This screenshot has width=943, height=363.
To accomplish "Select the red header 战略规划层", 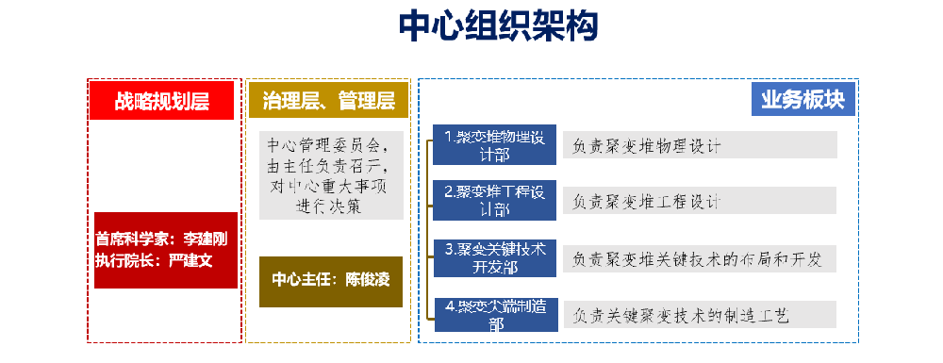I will (161, 100).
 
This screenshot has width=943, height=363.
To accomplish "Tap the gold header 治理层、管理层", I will (328, 100).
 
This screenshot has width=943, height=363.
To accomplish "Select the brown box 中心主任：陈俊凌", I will (331, 281).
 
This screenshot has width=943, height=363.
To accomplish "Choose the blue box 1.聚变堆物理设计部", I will (494, 144).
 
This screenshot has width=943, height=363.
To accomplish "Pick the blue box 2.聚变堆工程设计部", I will (494, 200).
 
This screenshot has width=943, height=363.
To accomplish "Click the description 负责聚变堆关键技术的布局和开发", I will (699, 258).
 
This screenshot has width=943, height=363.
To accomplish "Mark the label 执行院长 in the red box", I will (124, 258).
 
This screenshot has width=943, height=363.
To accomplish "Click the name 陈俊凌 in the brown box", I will (369, 281).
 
